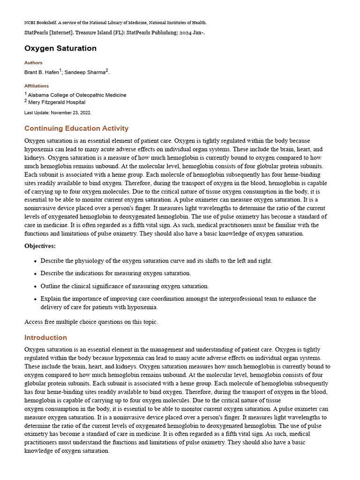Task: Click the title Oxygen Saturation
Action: (x=60, y=48)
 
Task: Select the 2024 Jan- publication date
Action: (x=192, y=32)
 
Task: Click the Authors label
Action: (x=33, y=63)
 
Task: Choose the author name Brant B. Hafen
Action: (x=41, y=72)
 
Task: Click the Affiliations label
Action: (x=37, y=86)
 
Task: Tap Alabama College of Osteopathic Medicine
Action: (x=77, y=95)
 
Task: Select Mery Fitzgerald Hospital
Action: (x=57, y=102)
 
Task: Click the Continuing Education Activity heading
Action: (x=76, y=128)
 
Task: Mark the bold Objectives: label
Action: (x=40, y=246)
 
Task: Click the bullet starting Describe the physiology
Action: (x=156, y=261)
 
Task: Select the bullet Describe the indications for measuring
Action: (x=116, y=273)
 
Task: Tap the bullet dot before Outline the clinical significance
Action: (x=35, y=286)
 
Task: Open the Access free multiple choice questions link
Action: (x=91, y=322)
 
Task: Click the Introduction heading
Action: (x=45, y=337)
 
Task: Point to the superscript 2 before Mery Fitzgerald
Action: (x=26, y=100)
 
